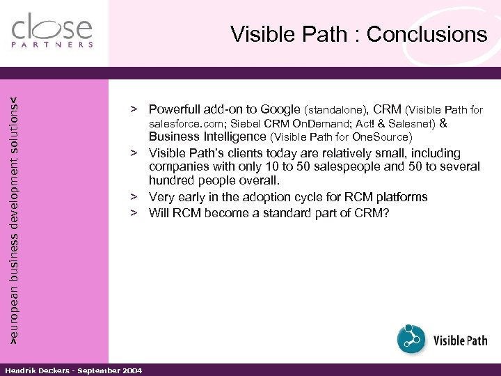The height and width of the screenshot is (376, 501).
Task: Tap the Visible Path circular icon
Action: pos(411,339)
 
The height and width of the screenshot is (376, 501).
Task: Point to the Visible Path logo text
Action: pos(460,340)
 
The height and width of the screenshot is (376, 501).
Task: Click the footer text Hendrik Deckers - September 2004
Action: pos(73,370)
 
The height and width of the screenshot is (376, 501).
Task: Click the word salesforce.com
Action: pos(182,124)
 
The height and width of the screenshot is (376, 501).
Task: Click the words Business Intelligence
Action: pos(207,137)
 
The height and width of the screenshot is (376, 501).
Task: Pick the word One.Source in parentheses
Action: pos(383,137)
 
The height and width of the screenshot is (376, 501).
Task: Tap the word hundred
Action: pos(172,181)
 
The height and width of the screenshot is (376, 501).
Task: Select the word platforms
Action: pos(400,197)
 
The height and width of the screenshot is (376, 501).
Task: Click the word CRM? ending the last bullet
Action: pos(372,212)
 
